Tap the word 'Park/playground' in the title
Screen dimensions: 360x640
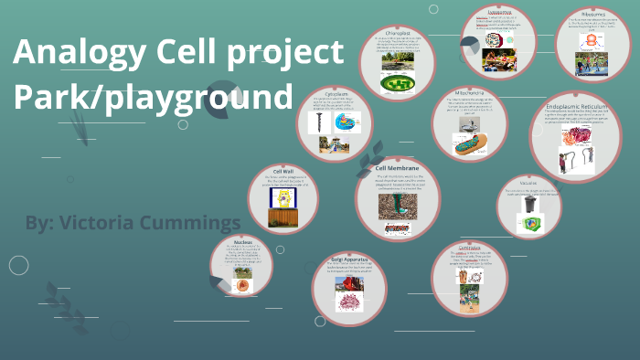154,97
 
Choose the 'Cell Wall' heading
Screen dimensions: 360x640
283,170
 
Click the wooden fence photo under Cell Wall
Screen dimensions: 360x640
283,218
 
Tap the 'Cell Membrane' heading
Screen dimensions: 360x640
397,169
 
